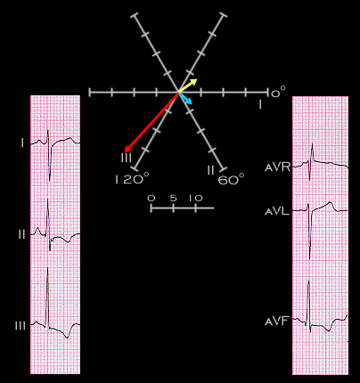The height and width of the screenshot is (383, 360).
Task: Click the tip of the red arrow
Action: [x=124, y=151]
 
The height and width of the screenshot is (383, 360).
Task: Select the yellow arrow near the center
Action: [x=188, y=86]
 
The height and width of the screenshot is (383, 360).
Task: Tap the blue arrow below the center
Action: [x=185, y=98]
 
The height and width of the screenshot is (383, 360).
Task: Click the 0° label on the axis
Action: [x=278, y=92]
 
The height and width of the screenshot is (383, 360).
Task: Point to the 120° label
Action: [x=132, y=179]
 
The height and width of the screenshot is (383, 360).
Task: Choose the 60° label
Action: [x=231, y=179]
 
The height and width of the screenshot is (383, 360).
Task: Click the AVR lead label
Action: [x=277, y=167]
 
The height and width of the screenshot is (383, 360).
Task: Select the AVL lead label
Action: [x=277, y=211]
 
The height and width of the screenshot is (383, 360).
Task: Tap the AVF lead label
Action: [x=277, y=322]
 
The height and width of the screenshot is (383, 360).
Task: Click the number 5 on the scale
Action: [x=173, y=198]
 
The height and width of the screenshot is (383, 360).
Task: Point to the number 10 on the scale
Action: [x=196, y=198]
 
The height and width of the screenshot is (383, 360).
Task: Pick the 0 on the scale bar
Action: [x=151, y=198]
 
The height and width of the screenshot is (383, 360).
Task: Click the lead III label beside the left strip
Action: [x=20, y=326]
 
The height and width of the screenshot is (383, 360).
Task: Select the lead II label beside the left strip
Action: [x=21, y=234]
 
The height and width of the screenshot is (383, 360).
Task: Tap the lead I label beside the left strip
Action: [x=22, y=143]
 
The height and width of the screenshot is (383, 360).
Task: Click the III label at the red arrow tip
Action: [x=127, y=158]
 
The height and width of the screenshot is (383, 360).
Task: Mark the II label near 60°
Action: [x=210, y=170]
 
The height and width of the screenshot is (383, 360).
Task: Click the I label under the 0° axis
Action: [x=260, y=104]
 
